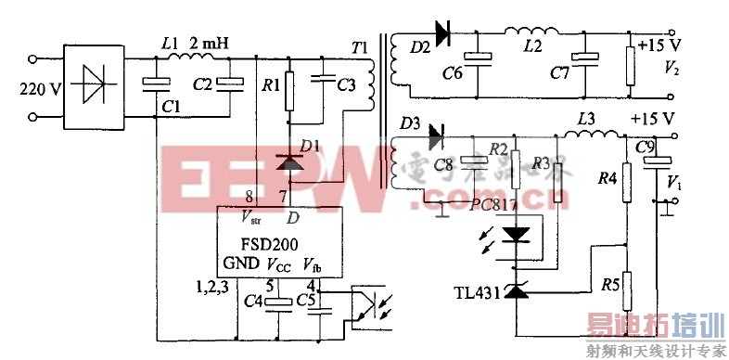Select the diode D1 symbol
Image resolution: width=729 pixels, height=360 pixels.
[x=290, y=162]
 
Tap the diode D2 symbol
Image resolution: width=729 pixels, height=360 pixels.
[x=441, y=34]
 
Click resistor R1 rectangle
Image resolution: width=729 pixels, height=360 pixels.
[x=289, y=89]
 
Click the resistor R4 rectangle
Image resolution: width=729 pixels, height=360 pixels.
[x=626, y=179]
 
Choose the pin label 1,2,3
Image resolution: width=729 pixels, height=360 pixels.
[x=213, y=286]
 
